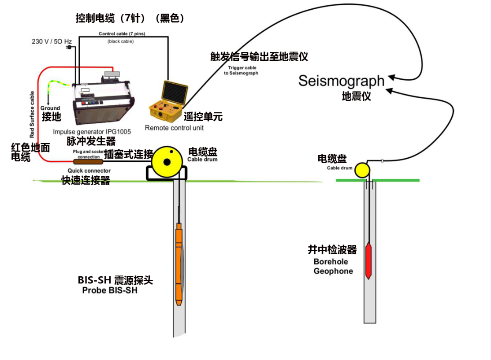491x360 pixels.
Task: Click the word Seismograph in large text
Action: pos(342,81)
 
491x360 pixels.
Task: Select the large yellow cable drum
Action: pos(167,162)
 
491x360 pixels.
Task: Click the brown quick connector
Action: pos(89,162)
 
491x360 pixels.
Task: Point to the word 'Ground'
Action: pos(50,108)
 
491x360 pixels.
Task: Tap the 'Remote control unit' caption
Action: pos(174,128)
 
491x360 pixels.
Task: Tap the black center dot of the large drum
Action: pos(167,162)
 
